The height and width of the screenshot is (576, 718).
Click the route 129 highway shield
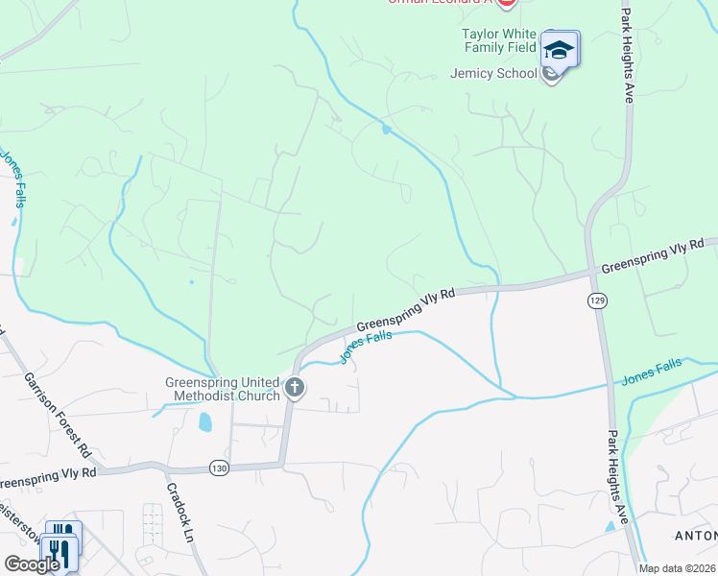[x=596, y=300]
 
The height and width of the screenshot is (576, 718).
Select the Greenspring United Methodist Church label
[x=222, y=388]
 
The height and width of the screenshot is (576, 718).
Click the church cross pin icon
[x=295, y=389]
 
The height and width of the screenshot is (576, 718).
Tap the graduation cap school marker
[x=558, y=48]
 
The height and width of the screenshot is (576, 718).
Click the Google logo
[x=32, y=564]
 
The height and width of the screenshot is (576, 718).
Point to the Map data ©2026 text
[x=678, y=568]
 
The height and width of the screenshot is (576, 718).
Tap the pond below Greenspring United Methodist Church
[x=204, y=421]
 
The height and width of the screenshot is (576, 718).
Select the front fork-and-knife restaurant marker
[x=58, y=554]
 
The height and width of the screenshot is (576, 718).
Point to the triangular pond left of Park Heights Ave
[x=610, y=526]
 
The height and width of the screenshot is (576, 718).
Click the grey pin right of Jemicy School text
[x=551, y=74]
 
